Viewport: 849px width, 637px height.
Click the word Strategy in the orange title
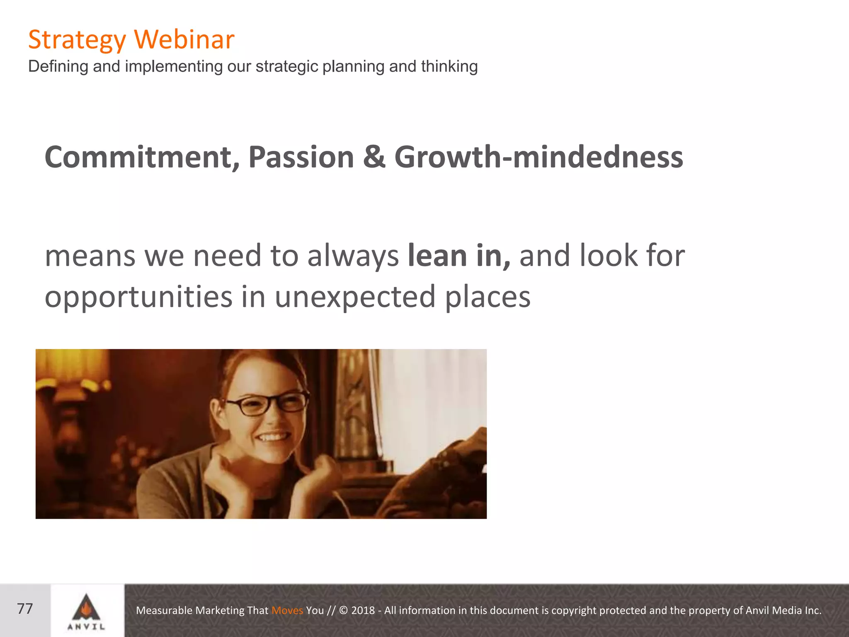pos(77,40)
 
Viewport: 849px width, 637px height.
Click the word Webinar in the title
pos(184,39)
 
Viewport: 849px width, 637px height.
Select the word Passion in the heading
pos(301,157)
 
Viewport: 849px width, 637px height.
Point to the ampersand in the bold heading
pos(374,157)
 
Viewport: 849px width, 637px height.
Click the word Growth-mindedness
pos(539,157)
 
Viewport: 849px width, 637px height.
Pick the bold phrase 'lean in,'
pos(459,255)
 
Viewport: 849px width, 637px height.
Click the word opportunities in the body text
pos(138,297)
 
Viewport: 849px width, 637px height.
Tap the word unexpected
pos(355,297)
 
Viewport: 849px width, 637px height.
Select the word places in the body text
pos(488,297)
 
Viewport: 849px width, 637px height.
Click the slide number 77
pos(25,609)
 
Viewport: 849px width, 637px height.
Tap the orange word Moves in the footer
pos(287,610)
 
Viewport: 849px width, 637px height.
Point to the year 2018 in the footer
pos(363,610)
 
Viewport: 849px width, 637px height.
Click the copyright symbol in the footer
pos(344,610)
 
